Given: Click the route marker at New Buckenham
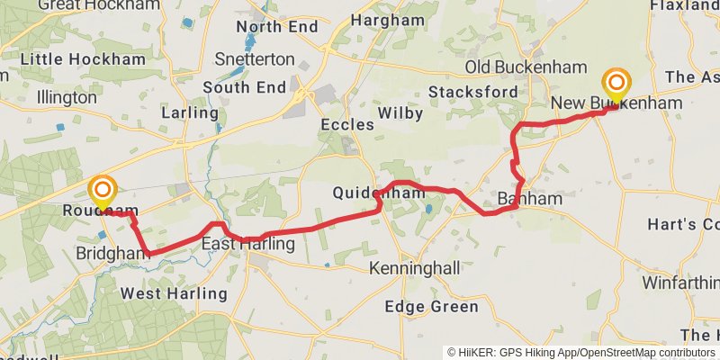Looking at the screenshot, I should pos(616,85).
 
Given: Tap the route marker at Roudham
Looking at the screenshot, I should pos(103,191).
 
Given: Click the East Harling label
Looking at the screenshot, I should pos(247,244).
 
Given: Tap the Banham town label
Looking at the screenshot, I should pos(529,198).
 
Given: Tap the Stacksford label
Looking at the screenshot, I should pos(472,92).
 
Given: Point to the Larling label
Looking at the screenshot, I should pos(189,113).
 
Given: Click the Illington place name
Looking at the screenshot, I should pos(67,96).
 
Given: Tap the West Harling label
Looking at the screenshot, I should pos(174,293).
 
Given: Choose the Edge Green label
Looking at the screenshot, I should pos(431,307).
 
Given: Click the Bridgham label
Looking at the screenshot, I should pos(113,254).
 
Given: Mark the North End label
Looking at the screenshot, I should pos(277,27).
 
